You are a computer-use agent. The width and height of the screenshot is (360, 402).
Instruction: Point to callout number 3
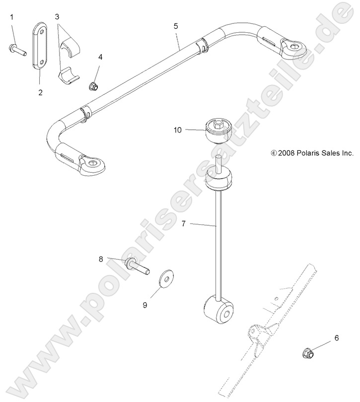(58, 16)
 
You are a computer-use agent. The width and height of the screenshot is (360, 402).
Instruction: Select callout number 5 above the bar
(176, 24)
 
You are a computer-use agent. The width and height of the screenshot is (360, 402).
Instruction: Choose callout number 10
(178, 130)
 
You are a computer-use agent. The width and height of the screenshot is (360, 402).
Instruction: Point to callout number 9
(145, 305)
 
